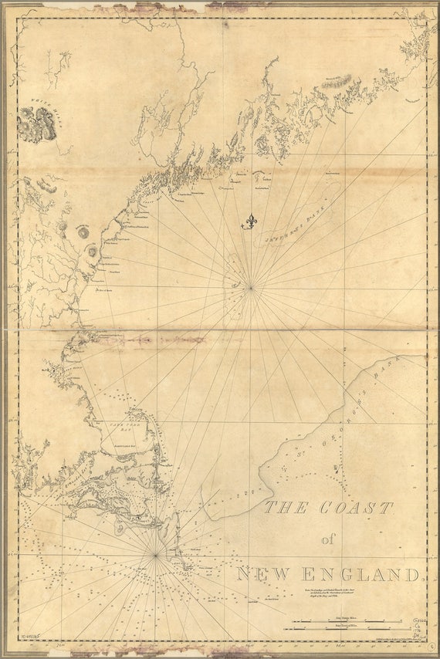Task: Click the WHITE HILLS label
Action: pyautogui.click(x=34, y=101)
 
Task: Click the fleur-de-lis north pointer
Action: pyautogui.click(x=249, y=222)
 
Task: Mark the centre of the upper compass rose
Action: pyautogui.click(x=251, y=289)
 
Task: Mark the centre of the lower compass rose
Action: pyautogui.click(x=155, y=555)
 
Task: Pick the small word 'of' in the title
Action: pyautogui.click(x=328, y=539)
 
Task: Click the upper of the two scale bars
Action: pyautogui.click(x=352, y=620)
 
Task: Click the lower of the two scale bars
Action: pyautogui.click(x=352, y=630)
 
